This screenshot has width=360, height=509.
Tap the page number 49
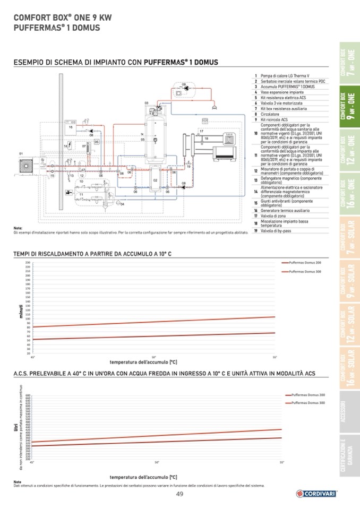(180, 495)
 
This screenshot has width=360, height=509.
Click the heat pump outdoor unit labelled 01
(24, 167)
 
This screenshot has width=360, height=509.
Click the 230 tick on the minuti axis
(27, 263)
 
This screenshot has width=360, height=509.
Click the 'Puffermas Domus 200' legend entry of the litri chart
(307, 395)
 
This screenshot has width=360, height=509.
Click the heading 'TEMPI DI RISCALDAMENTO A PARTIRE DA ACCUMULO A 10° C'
(92, 254)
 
